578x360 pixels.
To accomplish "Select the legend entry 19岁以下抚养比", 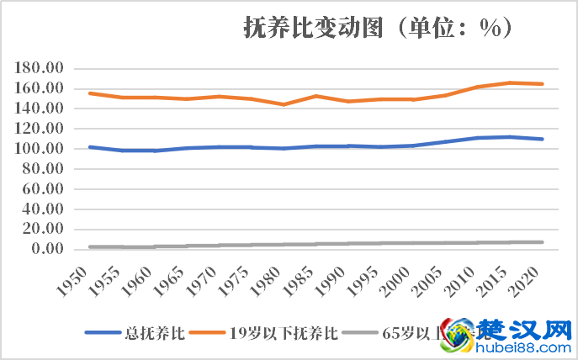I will click(x=283, y=333).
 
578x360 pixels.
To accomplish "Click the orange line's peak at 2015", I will click(x=510, y=82).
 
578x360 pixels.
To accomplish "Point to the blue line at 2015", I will click(x=510, y=136).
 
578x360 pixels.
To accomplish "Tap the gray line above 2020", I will click(x=542, y=242).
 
